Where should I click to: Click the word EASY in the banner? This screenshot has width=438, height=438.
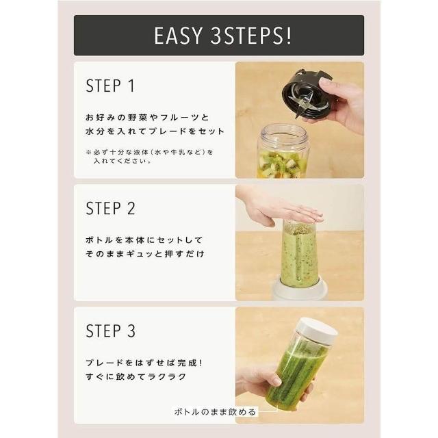[x=178, y=36]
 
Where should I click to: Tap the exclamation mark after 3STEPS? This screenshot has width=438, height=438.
[x=289, y=36]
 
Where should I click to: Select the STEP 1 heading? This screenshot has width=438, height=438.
[x=110, y=86]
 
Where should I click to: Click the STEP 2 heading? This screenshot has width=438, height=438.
[x=110, y=208]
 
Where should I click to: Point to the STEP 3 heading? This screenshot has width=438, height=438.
[x=110, y=331]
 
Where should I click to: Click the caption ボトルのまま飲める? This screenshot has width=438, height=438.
[x=215, y=412]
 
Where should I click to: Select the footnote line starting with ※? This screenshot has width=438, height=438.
[x=150, y=152]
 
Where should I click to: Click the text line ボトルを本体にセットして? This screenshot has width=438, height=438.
[x=144, y=240]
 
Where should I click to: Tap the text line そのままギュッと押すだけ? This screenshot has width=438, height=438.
[x=145, y=254]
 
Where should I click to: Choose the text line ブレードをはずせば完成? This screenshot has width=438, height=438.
[x=144, y=363]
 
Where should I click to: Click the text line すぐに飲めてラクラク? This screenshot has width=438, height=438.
[x=136, y=377]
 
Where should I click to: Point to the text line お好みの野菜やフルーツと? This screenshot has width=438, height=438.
[x=148, y=117]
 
